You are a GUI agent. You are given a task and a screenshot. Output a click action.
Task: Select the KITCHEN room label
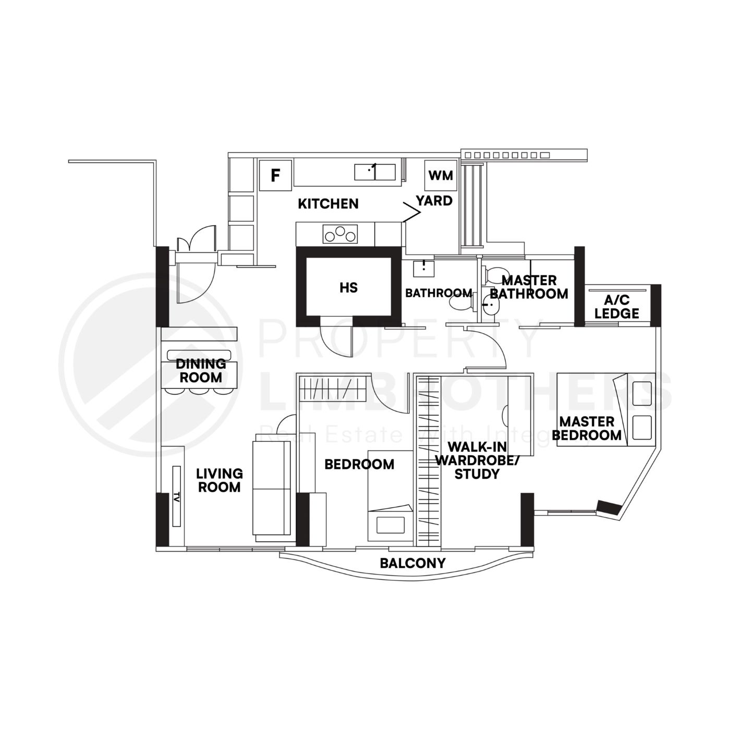tap(328, 204)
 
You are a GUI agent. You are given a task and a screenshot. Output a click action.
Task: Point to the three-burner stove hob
tap(341, 234)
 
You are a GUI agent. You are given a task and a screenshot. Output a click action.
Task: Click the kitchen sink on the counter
tap(375, 172)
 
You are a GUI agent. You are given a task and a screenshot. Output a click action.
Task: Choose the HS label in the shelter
tap(348, 287)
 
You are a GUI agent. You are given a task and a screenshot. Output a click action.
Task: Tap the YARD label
tap(434, 201)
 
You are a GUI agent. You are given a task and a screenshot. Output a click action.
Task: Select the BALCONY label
tap(412, 563)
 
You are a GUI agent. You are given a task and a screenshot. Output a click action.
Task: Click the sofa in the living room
tap(271, 488)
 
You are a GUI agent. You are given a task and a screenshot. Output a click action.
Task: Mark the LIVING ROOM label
tap(219, 480)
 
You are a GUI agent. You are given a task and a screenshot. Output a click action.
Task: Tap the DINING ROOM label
tap(201, 370)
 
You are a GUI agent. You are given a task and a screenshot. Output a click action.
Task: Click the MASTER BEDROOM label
tap(587, 428)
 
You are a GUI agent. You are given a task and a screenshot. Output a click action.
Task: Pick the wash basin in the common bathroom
tap(423, 269)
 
